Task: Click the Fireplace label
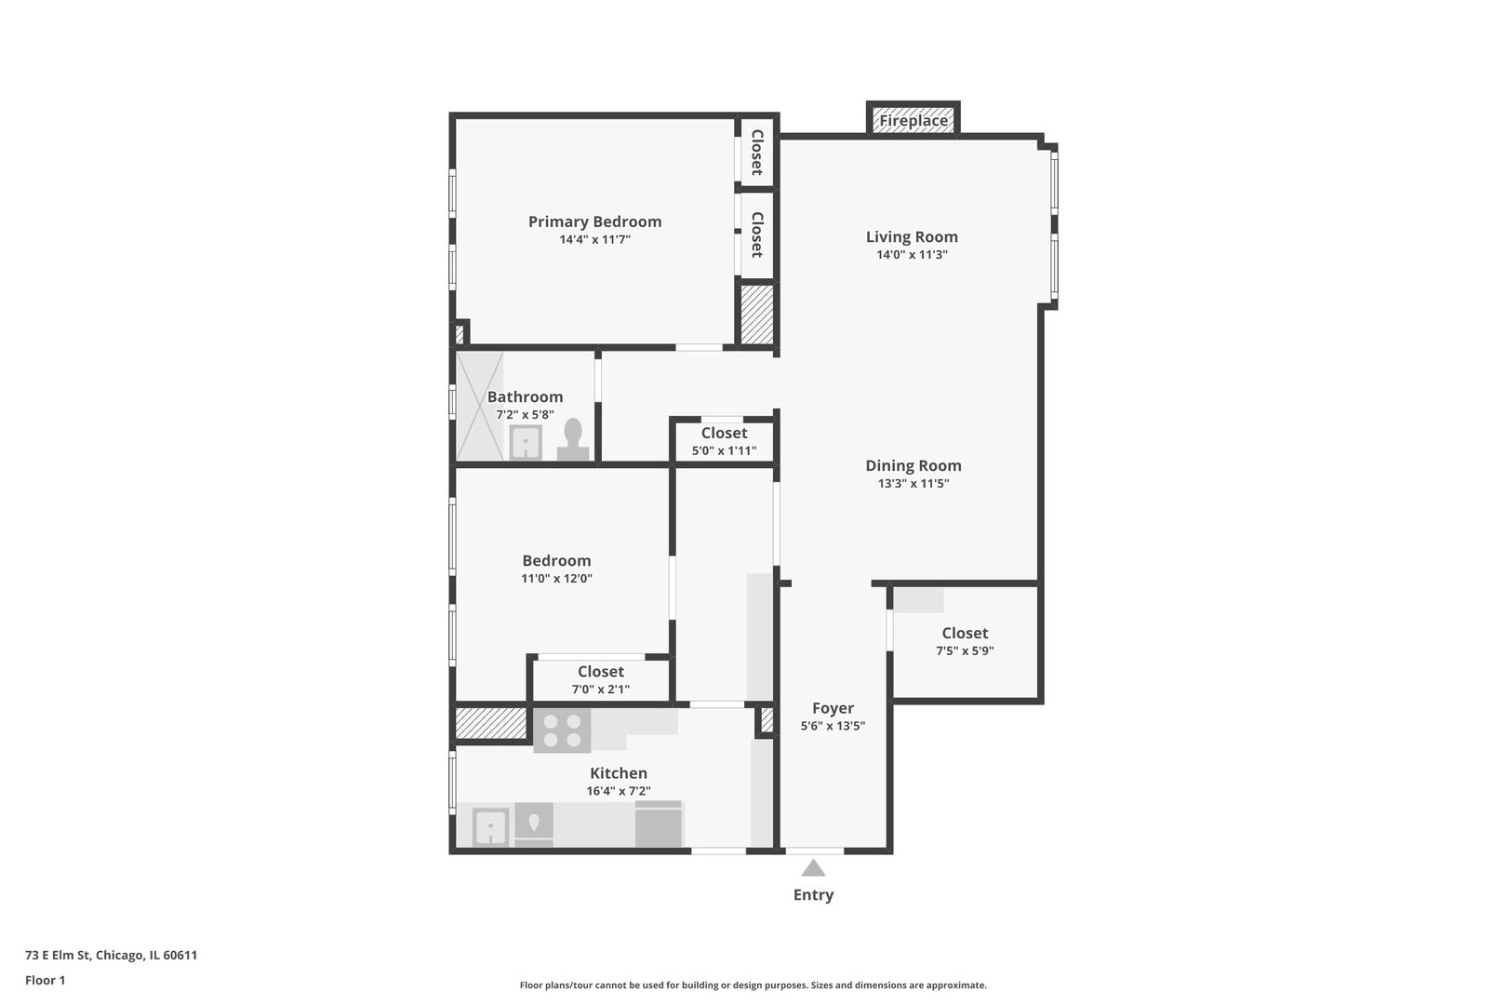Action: (x=914, y=121)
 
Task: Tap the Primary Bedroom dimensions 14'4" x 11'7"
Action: (x=594, y=240)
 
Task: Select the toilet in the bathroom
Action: (x=573, y=439)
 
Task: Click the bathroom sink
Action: (x=527, y=442)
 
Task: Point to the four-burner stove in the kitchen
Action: (x=562, y=730)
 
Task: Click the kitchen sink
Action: (x=489, y=825)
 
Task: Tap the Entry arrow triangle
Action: (x=813, y=868)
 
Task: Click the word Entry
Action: (x=813, y=895)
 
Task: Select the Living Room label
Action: (x=912, y=237)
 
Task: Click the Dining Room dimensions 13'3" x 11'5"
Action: (x=914, y=484)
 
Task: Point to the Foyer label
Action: (x=833, y=708)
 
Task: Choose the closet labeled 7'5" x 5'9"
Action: (x=965, y=641)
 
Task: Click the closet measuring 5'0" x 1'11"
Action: (x=724, y=441)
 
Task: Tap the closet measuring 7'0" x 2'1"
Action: (x=600, y=679)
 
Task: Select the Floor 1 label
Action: (x=45, y=980)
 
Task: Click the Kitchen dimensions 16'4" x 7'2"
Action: (x=619, y=792)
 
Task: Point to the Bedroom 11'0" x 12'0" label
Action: (x=556, y=569)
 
